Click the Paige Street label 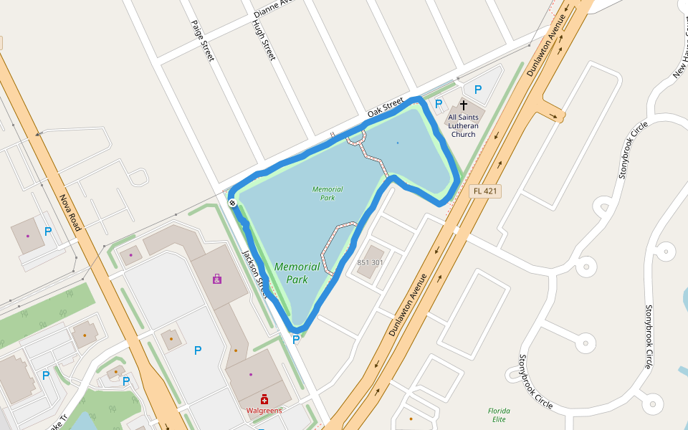[x=202, y=40]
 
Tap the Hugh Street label [x=264, y=39]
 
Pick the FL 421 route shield [x=486, y=191]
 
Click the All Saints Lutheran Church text [x=463, y=125]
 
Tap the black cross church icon [x=464, y=105]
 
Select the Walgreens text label [x=264, y=411]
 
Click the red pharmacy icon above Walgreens [x=264, y=399]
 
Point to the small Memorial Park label [x=328, y=193]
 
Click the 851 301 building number [x=371, y=262]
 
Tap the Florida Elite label [x=498, y=415]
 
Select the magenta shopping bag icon [x=217, y=279]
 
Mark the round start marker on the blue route [x=233, y=204]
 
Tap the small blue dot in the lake [x=398, y=143]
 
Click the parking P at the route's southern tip [x=295, y=339]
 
